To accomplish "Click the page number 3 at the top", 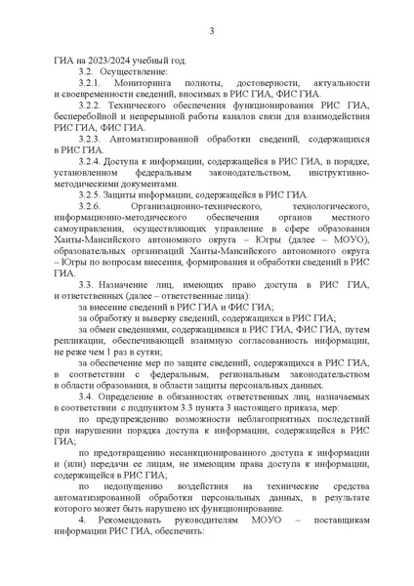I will (210, 33).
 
